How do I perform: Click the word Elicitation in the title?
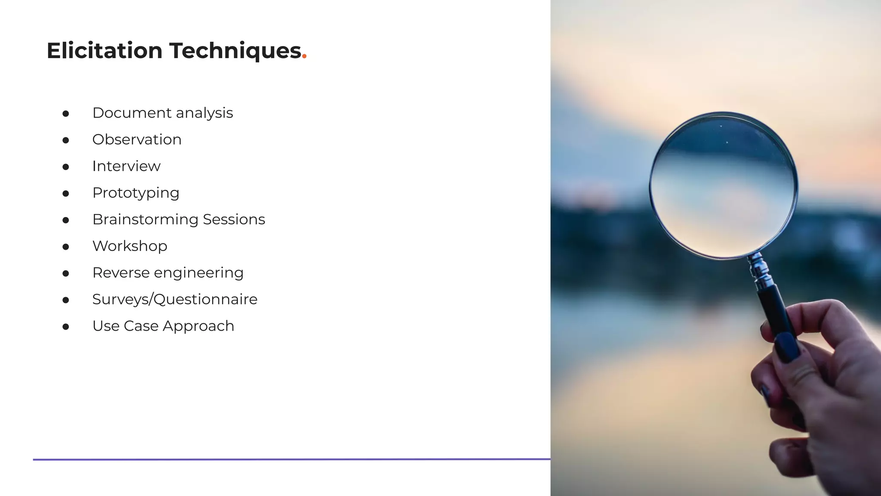105,51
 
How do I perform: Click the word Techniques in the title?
235,51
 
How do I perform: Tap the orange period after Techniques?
304,56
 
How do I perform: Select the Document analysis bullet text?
163,113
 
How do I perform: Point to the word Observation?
137,139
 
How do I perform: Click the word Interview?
126,166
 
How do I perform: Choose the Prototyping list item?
136,193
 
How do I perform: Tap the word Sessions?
234,220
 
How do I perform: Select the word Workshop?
129,246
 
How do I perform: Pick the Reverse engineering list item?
168,273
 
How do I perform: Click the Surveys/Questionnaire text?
175,299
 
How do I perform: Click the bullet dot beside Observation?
66,140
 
